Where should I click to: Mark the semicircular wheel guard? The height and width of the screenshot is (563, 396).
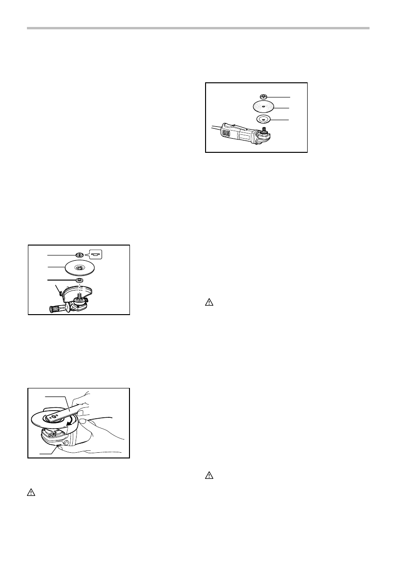tap(83, 293)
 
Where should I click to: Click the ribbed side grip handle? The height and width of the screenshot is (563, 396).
tap(53, 309)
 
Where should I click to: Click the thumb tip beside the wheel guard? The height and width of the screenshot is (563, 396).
tap(84, 422)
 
